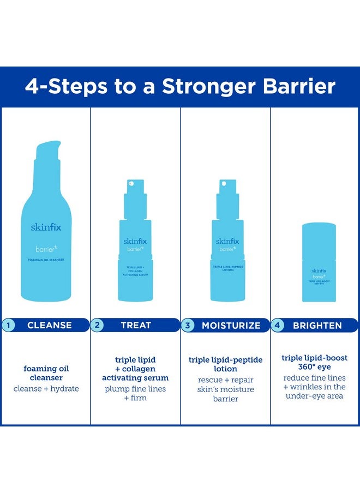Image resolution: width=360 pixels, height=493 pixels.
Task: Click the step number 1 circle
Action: (7, 325)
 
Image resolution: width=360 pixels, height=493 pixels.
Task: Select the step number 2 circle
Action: (97, 325)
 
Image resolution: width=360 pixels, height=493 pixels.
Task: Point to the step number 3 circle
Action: (188, 326)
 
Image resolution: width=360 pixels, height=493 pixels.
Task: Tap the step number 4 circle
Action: (278, 326)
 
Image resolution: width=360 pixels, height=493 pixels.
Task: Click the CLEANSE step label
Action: (50, 326)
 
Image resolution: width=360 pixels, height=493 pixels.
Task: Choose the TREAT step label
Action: (136, 326)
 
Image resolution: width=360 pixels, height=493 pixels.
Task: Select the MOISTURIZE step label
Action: (231, 326)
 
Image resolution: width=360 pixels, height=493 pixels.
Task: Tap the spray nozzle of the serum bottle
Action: (135, 188)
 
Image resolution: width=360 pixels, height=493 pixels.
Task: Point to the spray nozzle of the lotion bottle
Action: (225, 188)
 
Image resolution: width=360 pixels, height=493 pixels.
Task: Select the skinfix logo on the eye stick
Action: (319, 270)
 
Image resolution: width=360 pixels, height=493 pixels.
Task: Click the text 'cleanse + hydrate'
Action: (46, 389)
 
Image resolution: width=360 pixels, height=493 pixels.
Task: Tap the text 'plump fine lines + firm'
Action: (135, 393)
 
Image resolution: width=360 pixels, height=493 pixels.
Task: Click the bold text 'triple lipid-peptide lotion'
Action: (226, 364)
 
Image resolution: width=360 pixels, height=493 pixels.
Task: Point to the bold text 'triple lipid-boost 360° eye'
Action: (315, 362)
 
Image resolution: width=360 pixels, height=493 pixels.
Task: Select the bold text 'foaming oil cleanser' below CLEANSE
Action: (46, 373)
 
